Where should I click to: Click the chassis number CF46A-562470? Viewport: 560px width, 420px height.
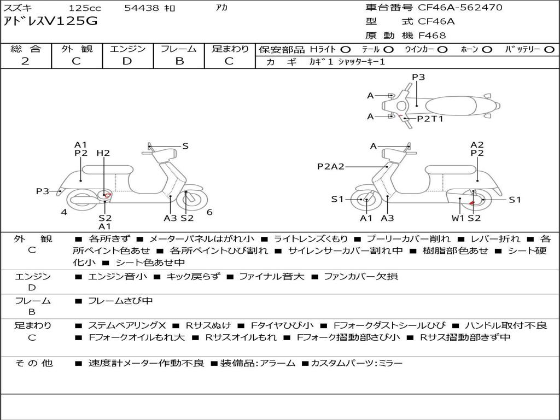point(460,7)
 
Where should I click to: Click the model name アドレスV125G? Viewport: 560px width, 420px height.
point(50,21)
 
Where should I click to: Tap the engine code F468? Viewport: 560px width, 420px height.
point(432,36)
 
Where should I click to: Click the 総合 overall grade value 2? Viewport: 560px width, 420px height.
point(25,61)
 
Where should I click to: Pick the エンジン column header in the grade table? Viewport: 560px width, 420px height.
point(127,49)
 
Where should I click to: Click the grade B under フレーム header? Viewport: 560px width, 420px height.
point(179,61)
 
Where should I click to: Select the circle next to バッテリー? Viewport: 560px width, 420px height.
point(549,50)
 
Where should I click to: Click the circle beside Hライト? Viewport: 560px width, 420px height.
point(345,50)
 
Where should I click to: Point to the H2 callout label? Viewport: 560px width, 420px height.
point(103,153)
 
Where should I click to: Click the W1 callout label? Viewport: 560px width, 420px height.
point(458,218)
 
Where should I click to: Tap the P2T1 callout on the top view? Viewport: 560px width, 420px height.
point(430,119)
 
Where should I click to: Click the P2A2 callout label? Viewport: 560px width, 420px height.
point(331,166)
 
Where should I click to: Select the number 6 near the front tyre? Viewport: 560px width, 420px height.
point(209,212)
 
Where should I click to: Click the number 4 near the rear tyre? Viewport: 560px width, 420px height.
point(64,212)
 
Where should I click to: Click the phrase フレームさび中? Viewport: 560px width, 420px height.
point(120,301)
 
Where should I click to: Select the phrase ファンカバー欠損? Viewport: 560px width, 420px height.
point(361,276)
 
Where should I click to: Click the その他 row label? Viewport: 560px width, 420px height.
point(34,363)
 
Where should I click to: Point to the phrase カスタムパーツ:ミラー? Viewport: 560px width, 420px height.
point(357,364)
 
